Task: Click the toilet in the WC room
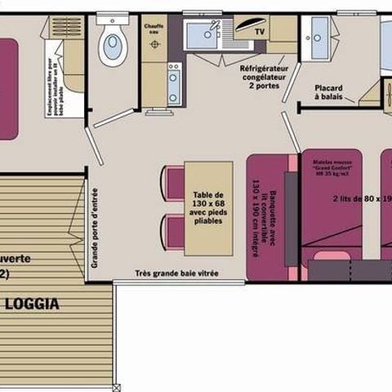tap(112, 46)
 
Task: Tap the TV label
tap(261, 33)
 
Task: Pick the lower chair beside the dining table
tap(174, 230)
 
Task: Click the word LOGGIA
tap(32, 304)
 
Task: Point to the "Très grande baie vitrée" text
tap(178, 274)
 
